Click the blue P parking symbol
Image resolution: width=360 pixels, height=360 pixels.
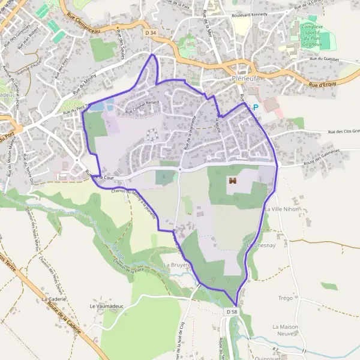point(255,107)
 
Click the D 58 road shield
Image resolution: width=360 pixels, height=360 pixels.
point(233,313)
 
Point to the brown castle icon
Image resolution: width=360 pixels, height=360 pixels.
point(232,180)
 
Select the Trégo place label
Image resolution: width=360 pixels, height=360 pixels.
point(285,298)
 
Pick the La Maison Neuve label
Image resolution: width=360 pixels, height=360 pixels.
point(285,330)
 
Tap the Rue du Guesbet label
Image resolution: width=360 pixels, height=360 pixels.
point(324,59)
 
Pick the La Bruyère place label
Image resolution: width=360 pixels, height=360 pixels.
point(176,265)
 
